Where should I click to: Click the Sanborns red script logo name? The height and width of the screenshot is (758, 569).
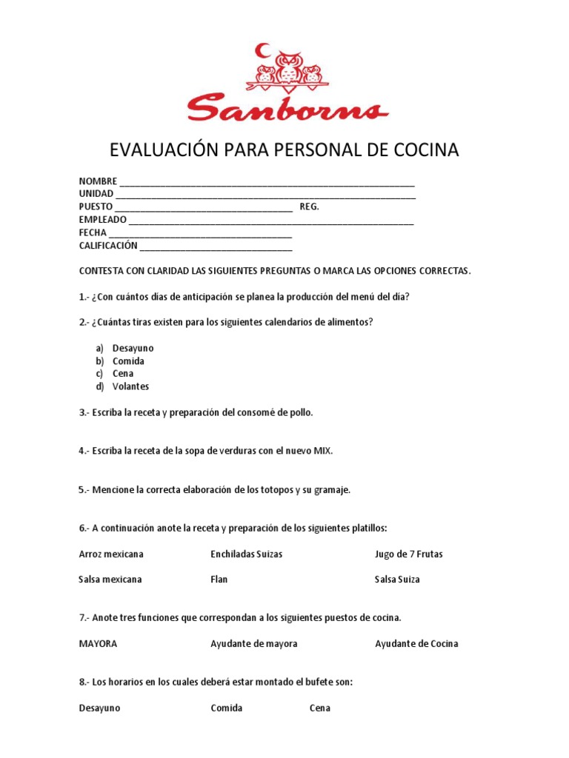(287, 107)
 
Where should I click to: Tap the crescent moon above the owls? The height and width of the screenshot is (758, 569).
(262, 50)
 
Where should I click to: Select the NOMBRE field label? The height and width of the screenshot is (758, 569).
(98, 181)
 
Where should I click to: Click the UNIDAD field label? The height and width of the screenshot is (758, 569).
(96, 194)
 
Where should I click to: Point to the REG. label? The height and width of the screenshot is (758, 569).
(310, 207)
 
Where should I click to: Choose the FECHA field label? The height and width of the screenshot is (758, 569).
(93, 232)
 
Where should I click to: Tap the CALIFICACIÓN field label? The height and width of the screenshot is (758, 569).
(108, 245)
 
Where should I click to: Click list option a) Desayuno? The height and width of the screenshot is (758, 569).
(133, 348)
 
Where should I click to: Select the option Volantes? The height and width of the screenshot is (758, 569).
(130, 386)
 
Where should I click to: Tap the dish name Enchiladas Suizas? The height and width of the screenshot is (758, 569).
(246, 554)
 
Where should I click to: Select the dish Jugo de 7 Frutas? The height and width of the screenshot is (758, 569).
(408, 554)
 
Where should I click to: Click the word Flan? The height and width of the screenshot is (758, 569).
(219, 579)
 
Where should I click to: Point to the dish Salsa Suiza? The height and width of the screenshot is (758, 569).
(397, 579)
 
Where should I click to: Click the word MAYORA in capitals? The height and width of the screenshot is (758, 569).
(98, 643)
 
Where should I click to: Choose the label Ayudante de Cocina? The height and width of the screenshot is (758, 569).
(416, 643)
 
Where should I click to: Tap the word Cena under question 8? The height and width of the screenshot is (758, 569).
(320, 708)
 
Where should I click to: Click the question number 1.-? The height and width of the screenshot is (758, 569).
(84, 297)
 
